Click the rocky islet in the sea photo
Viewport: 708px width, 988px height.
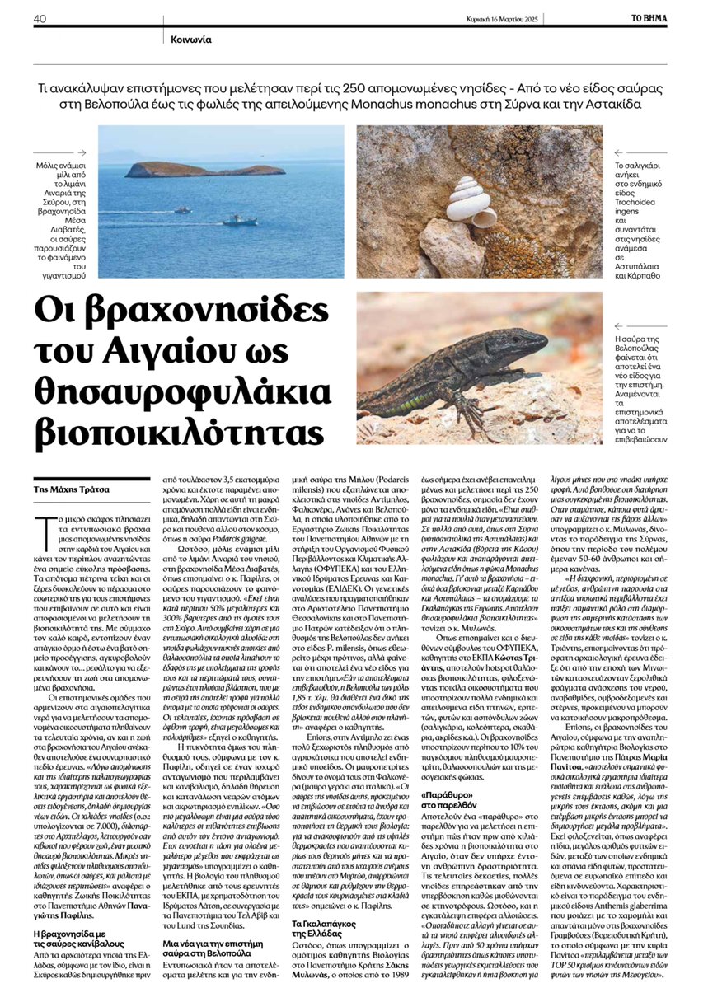[204, 170]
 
